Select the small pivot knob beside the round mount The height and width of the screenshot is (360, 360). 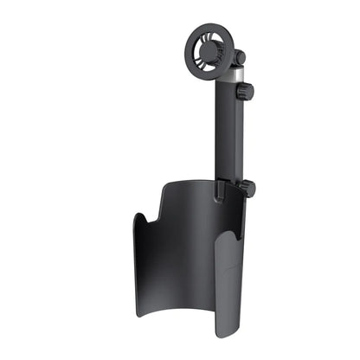(x=240, y=58)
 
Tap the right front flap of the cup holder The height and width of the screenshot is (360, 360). (x=227, y=286)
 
